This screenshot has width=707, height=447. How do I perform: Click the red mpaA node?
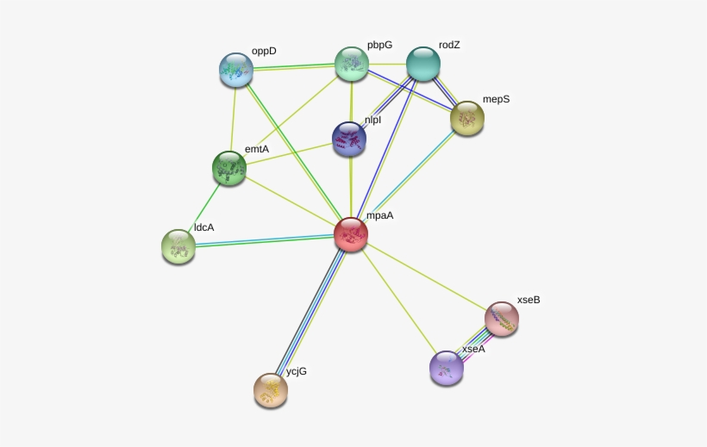351,234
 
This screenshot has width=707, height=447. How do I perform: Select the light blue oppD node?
236,70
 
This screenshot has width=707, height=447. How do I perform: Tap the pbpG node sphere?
352,64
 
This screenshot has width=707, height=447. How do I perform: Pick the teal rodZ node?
423,64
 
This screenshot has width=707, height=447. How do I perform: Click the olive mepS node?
467,119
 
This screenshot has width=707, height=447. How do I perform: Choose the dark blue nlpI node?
349,140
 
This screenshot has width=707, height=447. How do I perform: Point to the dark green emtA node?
229,168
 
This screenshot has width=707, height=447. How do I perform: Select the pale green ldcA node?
178,246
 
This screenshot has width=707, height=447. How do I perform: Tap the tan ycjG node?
271,390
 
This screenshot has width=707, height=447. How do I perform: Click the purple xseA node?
447,368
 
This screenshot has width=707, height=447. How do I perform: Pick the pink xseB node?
502,319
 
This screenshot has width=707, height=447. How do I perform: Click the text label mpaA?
379,216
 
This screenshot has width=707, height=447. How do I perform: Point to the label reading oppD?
264,52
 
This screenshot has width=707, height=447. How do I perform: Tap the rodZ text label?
449,45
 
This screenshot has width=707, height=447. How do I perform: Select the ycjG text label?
297,371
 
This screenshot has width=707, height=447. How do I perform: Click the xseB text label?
529,300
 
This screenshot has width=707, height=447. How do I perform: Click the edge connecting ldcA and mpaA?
265,240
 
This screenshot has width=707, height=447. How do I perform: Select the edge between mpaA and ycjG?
310,313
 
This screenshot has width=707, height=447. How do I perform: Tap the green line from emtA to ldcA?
203,208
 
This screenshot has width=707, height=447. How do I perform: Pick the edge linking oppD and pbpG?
293,67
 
